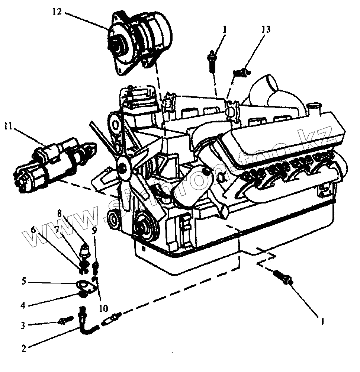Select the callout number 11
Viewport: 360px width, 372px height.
coord(8,127)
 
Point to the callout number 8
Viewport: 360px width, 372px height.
coord(60,214)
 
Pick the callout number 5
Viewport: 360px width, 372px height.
coord(23,282)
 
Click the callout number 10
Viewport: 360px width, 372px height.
coord(103,308)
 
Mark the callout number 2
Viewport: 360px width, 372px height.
coord(24,349)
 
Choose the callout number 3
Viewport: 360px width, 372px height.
coord(23,325)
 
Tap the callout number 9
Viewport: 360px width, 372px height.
coord(95,230)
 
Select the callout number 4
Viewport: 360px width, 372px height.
coord(23,306)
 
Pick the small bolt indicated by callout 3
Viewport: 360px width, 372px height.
coord(66,320)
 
